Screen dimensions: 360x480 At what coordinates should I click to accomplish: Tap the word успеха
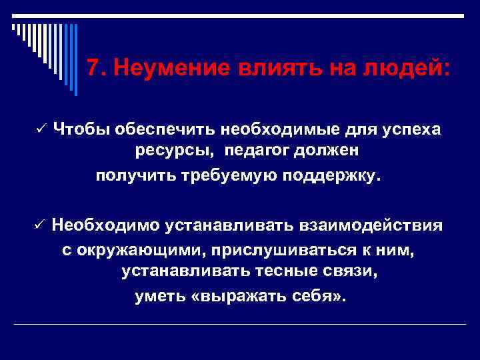(411, 129)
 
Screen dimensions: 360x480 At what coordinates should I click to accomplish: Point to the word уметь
(159, 295)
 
